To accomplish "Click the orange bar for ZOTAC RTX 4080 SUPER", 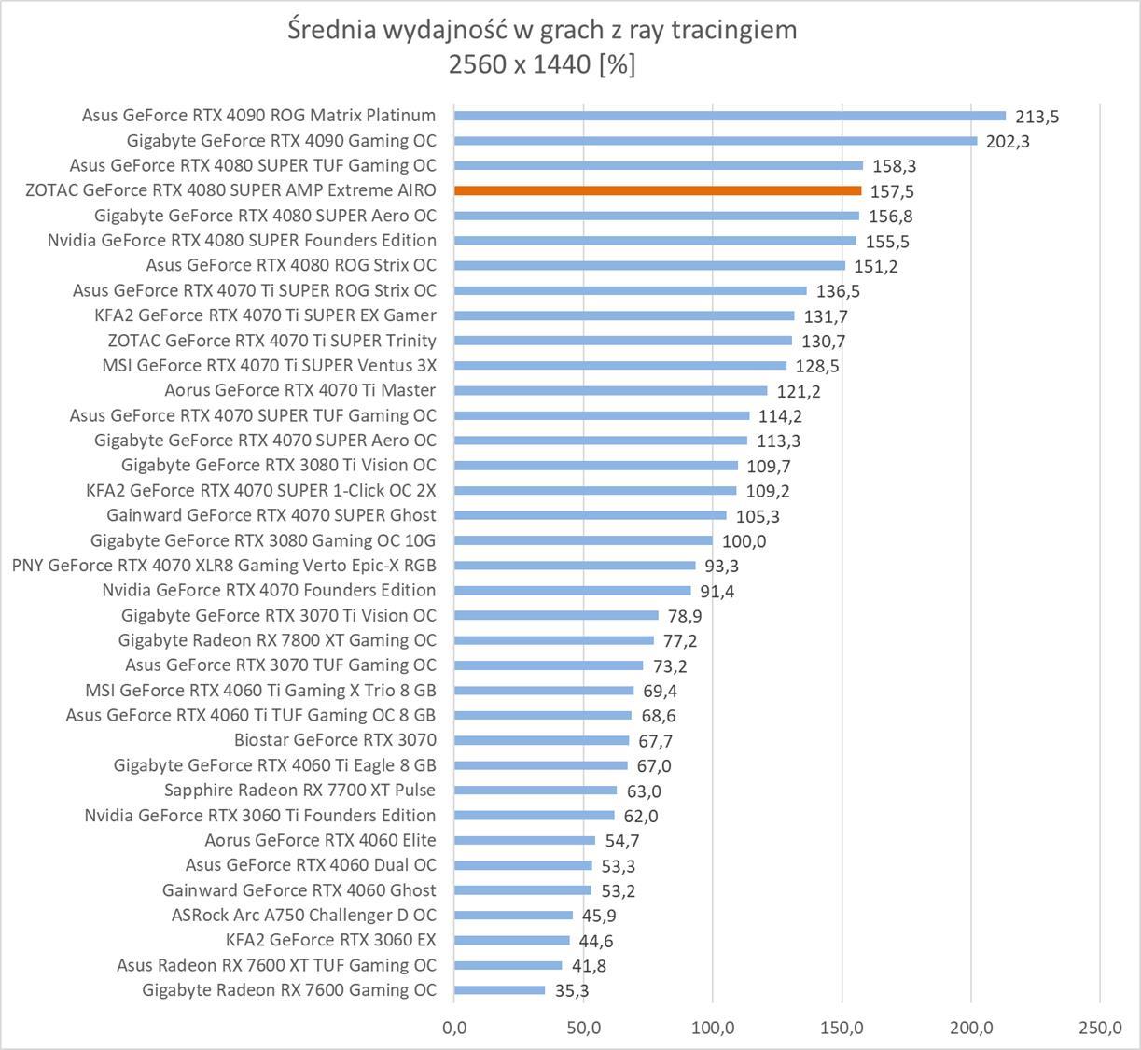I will [658, 190].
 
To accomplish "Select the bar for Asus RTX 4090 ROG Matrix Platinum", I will [730, 116].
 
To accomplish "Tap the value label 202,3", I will [1008, 142].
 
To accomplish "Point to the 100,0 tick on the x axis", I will [713, 1028].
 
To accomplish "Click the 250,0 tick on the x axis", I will [1100, 1028].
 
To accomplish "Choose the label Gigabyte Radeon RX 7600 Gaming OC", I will [289, 990].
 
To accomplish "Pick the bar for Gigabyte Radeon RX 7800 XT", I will [554, 640].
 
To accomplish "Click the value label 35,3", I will [571, 991].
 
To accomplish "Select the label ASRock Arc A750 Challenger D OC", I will [303, 915].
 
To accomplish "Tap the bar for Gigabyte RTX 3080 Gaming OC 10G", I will [583, 540].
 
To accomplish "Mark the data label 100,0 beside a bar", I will [744, 541].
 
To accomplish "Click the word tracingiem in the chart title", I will [731, 29].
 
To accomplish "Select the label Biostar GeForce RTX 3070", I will [335, 740].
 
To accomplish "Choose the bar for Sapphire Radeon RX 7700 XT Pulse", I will [536, 791].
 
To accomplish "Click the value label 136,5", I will [838, 291].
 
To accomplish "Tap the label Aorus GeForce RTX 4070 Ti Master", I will [300, 390].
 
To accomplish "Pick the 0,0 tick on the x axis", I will [454, 1028].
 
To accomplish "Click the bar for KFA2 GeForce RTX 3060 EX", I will [512, 940].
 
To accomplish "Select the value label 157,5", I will [892, 191].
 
